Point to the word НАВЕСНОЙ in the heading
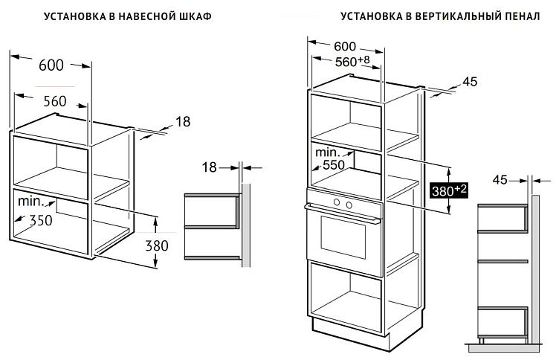click(143, 16)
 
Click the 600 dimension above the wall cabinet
click(51, 65)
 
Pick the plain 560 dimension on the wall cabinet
click(55, 101)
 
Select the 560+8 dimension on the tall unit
click(352, 61)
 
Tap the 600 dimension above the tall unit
click(345, 46)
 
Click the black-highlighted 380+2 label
click(449, 190)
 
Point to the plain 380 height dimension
click(157, 245)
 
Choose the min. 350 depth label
click(35, 211)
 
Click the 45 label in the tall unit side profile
click(500, 180)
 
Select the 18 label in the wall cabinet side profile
click(209, 167)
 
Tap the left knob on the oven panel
click(337, 202)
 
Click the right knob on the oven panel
click(349, 205)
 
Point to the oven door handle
click(342, 213)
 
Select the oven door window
click(343, 237)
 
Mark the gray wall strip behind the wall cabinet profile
click(246, 225)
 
